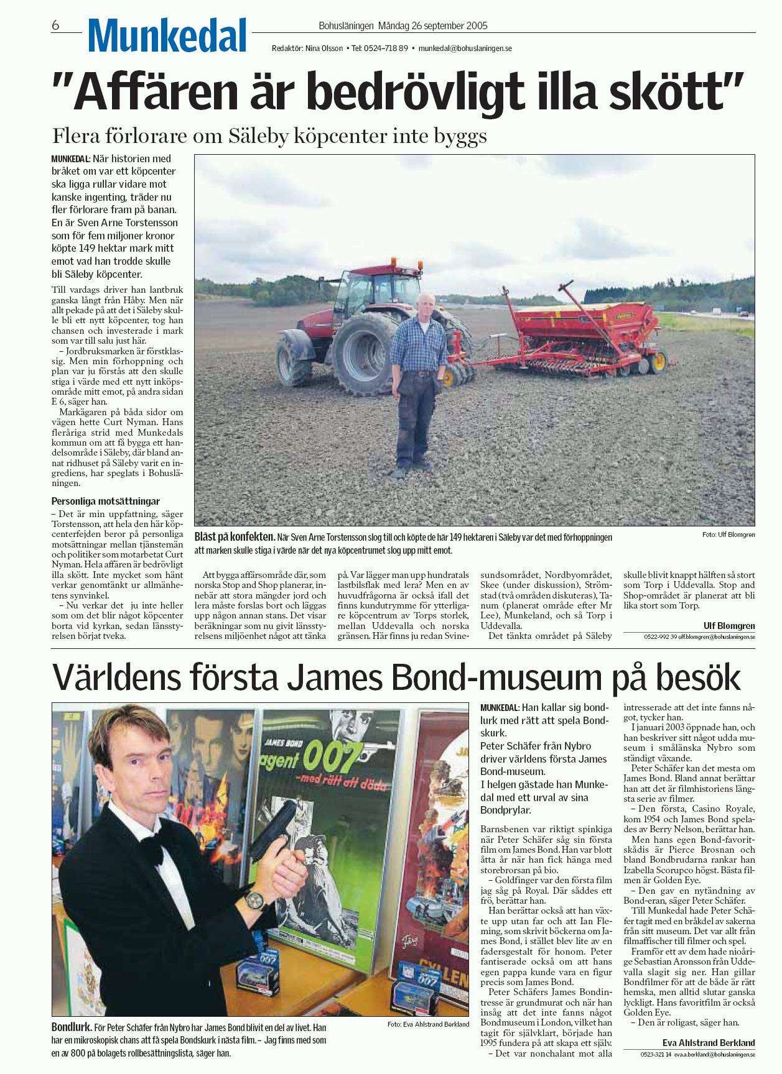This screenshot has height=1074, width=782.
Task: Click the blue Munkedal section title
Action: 167,35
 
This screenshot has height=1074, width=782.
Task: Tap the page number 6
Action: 55,25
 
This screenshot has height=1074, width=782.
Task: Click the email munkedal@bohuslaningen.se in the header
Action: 465,48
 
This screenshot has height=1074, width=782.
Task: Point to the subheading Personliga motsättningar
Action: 105,501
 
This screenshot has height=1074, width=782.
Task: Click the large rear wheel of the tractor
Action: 366,352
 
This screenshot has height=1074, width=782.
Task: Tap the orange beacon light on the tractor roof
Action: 410,262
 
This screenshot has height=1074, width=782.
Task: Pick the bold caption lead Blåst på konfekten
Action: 235,537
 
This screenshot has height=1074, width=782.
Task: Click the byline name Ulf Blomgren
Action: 729,626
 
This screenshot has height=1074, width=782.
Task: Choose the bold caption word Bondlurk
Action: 72,1027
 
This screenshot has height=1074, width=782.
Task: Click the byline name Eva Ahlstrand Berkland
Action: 709,1043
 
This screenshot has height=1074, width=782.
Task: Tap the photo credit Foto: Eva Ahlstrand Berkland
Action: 428,1024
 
